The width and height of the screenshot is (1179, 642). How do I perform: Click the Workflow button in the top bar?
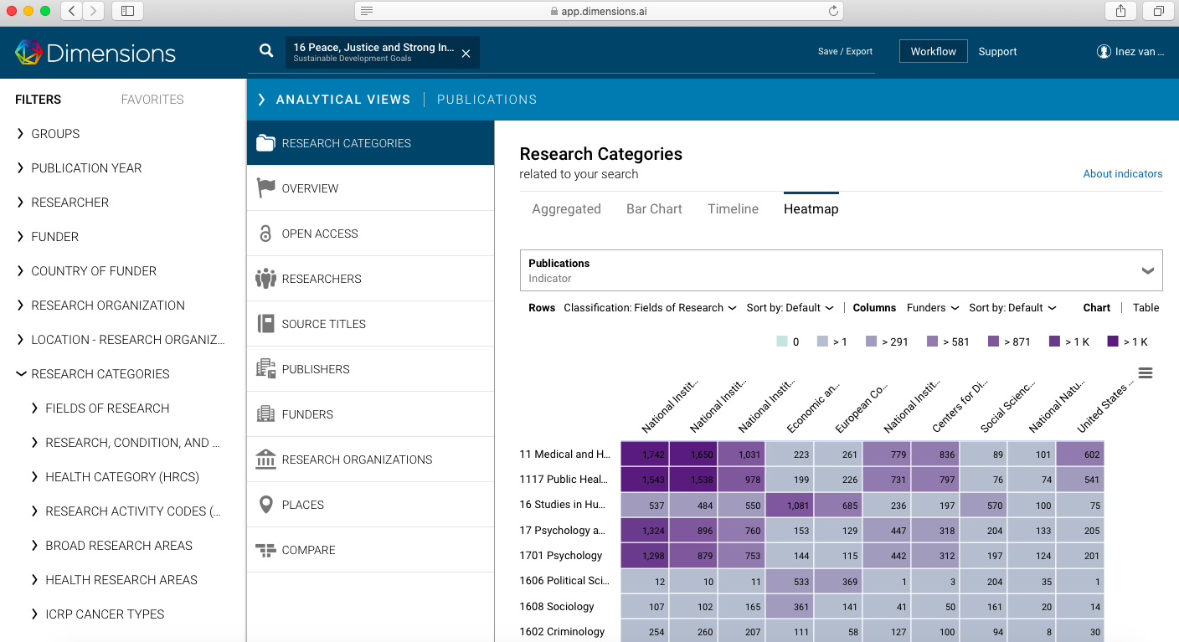coord(933,51)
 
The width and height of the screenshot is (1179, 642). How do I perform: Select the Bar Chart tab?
coord(654,209)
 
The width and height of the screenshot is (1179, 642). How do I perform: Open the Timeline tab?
coord(733,209)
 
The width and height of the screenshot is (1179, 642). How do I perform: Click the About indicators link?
coord(1122,174)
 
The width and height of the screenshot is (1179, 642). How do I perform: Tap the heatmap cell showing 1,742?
coord(644,455)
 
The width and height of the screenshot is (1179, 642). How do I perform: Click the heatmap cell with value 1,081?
coord(790,505)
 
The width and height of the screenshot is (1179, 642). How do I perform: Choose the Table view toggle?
coord(1146,308)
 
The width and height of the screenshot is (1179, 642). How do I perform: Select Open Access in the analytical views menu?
coord(320,234)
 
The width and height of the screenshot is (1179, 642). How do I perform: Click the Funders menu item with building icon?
coord(307,414)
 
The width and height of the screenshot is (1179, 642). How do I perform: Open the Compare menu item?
coord(308,550)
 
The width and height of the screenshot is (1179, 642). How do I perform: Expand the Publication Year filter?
coord(86,168)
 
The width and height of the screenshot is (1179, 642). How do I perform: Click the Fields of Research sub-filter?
coord(107,408)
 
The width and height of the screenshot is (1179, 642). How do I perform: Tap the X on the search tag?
coord(466,54)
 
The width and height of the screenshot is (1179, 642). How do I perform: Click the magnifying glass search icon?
coord(266,51)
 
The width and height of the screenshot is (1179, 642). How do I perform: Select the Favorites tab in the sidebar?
coord(152,100)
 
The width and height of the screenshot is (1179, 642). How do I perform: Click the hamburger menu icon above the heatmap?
coord(1146,372)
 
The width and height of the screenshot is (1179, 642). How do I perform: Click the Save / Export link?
coord(845,52)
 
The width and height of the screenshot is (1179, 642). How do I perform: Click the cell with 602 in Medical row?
coord(1079,455)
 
